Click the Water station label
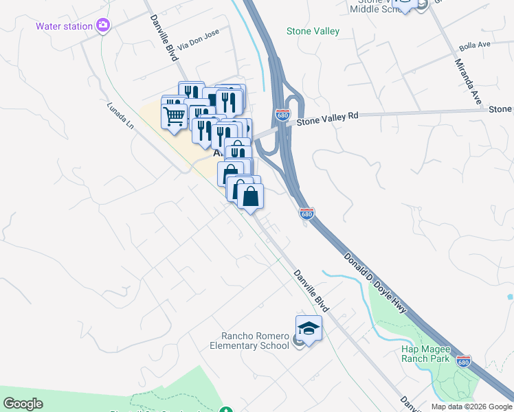(x=65, y=26)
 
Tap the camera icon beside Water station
(x=103, y=26)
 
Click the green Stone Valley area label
(x=313, y=31)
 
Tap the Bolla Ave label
(x=474, y=45)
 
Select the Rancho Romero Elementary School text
(x=255, y=341)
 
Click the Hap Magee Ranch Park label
(x=425, y=354)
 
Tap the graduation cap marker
(x=309, y=329)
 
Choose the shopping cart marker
(x=175, y=115)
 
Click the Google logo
(x=23, y=404)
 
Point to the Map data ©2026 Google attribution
(x=471, y=407)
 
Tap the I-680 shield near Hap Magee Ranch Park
(x=464, y=361)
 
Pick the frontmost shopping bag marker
(x=251, y=196)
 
